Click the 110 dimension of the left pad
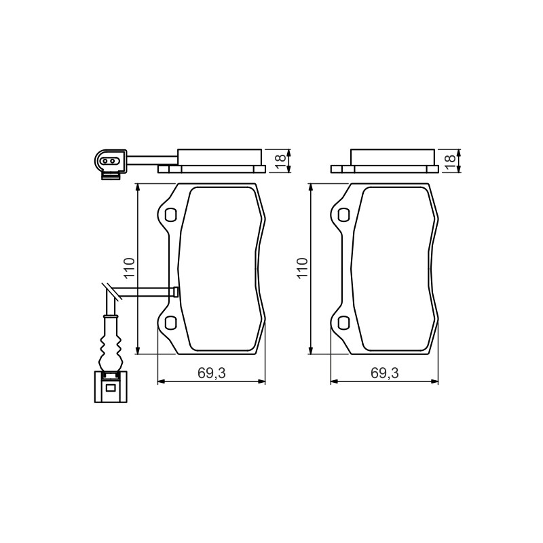click(x=129, y=267)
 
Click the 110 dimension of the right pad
click(x=302, y=267)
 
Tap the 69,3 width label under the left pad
click(x=212, y=373)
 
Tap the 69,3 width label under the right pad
click(x=385, y=373)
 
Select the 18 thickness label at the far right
click(x=449, y=159)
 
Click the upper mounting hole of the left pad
click(x=170, y=214)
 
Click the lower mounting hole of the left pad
click(x=170, y=323)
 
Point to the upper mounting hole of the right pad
click(x=343, y=214)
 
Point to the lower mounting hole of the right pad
click(x=343, y=323)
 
